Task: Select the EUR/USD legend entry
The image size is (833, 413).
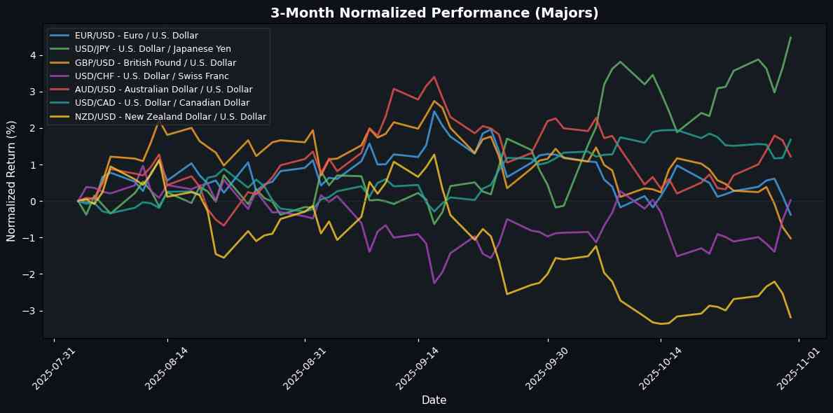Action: [137, 35]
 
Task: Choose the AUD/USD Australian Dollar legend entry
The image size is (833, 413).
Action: [163, 89]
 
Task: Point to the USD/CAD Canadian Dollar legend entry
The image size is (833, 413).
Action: [157, 103]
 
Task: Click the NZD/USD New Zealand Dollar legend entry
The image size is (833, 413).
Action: [170, 116]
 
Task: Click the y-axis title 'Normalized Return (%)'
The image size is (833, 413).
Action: [11, 179]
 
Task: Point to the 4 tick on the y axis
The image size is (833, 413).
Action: [34, 55]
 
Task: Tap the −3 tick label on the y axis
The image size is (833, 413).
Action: [32, 311]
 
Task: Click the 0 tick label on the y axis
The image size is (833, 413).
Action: [34, 202]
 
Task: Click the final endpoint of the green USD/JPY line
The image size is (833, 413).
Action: [790, 38]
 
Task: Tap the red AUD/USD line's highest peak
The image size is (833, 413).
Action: [434, 77]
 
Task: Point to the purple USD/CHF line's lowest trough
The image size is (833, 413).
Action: [434, 283]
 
